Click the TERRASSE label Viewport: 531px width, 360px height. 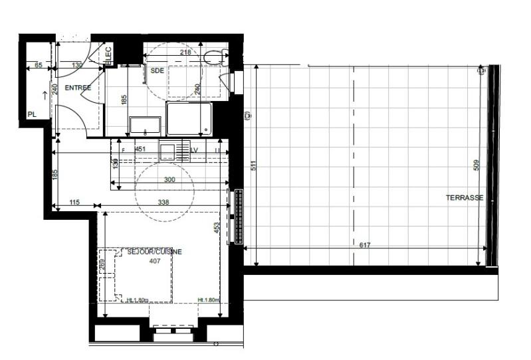pyautogui.click(x=464, y=197)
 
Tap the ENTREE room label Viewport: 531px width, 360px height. pyautogui.click(x=78, y=88)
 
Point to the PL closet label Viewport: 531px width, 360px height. pyautogui.click(x=31, y=114)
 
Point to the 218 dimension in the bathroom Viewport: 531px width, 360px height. pyautogui.click(x=185, y=52)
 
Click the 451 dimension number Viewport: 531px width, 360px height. pyautogui.click(x=140, y=149)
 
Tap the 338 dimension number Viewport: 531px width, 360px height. pyautogui.click(x=161, y=202)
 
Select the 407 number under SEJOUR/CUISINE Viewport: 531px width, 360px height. pyautogui.click(x=154, y=260)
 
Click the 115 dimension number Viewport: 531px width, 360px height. pyautogui.click(x=74, y=202)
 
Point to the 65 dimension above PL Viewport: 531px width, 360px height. pyautogui.click(x=38, y=65)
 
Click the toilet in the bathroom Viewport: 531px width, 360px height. pyautogui.click(x=215, y=58)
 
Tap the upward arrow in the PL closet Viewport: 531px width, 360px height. pyautogui.click(x=45, y=94)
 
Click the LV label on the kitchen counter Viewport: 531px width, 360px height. pyautogui.click(x=195, y=149)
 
